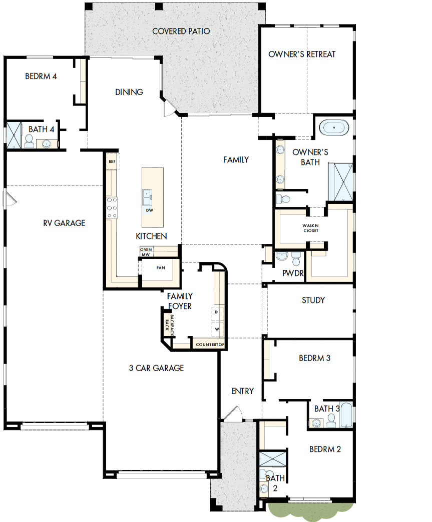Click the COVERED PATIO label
181,31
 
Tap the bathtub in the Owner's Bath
334,127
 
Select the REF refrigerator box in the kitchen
112,161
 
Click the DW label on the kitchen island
149,210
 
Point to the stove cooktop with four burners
112,207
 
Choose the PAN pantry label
161,267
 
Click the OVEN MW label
146,252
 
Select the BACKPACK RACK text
169,323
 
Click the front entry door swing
233,413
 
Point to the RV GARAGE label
64,223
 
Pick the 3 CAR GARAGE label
156,368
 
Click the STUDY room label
313,300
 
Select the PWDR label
290,273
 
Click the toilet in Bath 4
29,142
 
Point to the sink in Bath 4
47,144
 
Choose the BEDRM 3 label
314,358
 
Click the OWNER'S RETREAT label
302,54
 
